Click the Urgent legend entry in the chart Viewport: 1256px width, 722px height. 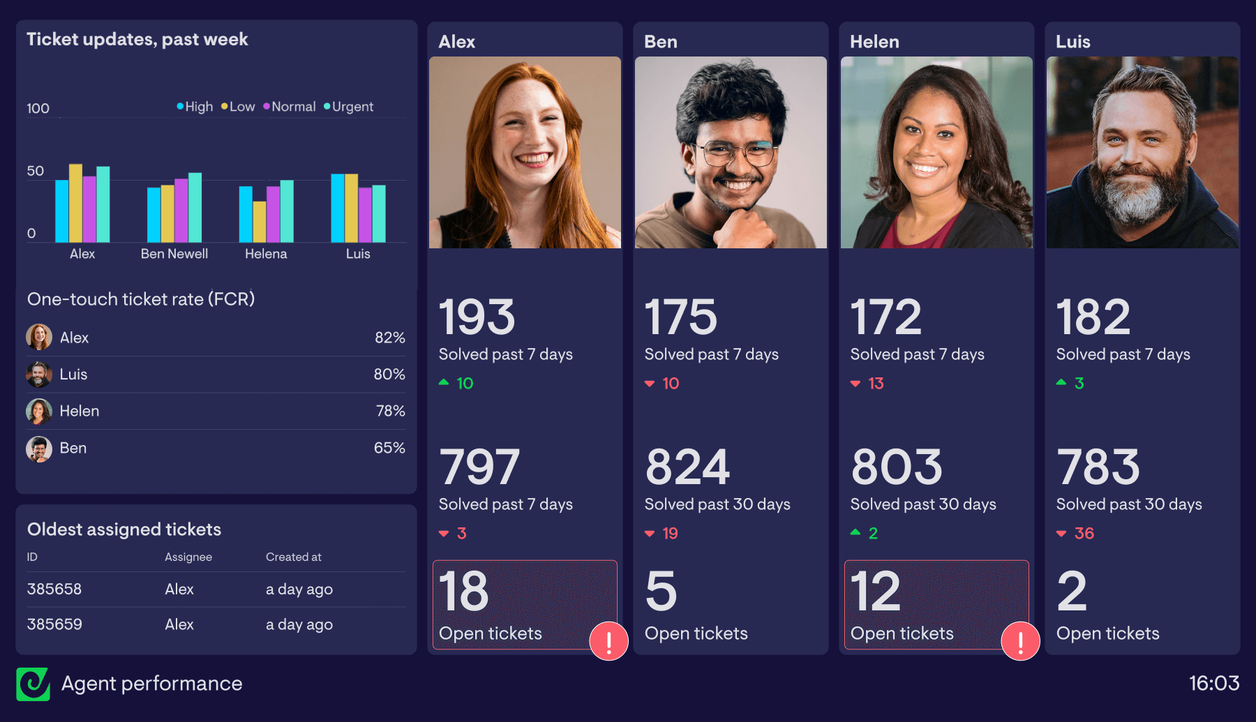pyautogui.click(x=349, y=107)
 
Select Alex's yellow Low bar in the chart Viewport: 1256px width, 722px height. pyautogui.click(x=75, y=203)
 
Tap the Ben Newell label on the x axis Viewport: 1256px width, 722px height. pyautogui.click(x=174, y=254)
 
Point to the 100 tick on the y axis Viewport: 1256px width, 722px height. pyautogui.click(x=38, y=108)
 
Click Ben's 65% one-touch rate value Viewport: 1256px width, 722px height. pyautogui.click(x=389, y=448)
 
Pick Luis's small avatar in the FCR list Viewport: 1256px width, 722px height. pyautogui.click(x=39, y=375)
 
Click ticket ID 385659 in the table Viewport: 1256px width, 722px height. pyautogui.click(x=54, y=624)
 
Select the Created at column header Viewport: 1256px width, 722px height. pyautogui.click(x=293, y=557)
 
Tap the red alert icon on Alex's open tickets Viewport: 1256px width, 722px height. pyautogui.click(x=608, y=640)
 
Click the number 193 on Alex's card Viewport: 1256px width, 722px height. pyautogui.click(x=477, y=317)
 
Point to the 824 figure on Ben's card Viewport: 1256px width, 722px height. pyautogui.click(x=687, y=467)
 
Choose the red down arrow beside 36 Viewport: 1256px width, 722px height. pyautogui.click(x=1061, y=534)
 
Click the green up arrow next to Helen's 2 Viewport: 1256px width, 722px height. pyautogui.click(x=855, y=532)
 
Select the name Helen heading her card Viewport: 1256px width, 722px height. pyautogui.click(x=874, y=42)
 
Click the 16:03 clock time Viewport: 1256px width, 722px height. pyautogui.click(x=1213, y=683)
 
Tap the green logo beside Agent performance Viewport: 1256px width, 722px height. pyautogui.click(x=33, y=684)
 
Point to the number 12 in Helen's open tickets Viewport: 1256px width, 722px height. pyautogui.click(x=876, y=592)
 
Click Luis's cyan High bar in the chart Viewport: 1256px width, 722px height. pyautogui.click(x=338, y=208)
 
